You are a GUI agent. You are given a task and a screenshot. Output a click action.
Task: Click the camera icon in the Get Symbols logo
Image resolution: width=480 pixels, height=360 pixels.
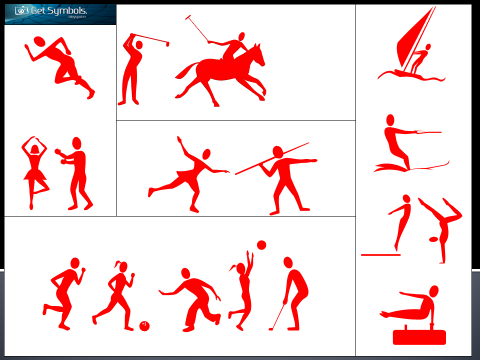21,10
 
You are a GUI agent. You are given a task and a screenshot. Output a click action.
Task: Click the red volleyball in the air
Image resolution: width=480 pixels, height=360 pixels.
261,244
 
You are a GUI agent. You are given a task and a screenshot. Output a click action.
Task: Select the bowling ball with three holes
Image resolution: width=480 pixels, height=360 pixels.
144,326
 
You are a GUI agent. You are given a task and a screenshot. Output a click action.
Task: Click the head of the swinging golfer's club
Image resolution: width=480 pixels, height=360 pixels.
167,44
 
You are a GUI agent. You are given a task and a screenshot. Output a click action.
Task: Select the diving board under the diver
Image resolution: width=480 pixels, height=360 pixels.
380,255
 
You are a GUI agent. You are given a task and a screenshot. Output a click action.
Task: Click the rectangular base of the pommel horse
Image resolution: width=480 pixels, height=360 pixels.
419,337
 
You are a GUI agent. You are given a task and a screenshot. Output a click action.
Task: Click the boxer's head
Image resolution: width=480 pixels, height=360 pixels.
76,143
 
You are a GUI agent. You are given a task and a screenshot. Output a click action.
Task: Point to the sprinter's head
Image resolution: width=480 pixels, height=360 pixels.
39,41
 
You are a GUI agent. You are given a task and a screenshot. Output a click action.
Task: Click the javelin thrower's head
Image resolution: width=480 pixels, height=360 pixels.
278,151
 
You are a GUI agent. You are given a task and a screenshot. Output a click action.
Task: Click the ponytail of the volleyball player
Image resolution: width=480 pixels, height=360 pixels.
233,268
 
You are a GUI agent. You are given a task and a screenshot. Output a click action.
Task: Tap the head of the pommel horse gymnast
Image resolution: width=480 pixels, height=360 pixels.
434,291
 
